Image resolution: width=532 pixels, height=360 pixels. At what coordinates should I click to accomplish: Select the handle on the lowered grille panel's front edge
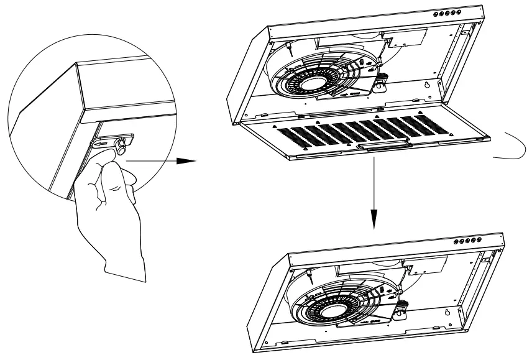tap(383, 144)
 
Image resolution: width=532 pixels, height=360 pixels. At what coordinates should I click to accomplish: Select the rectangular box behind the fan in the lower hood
tap(429, 265)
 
